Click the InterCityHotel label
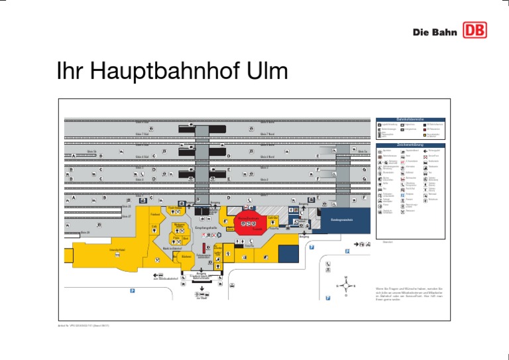[117, 249]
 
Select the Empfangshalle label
[205, 229]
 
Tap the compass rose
[345, 286]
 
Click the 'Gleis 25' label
[127, 206]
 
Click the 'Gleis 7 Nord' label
[268, 134]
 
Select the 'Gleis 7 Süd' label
[142, 134]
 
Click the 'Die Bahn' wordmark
[434, 32]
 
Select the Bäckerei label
[186, 256]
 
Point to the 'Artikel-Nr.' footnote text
[82, 325]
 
